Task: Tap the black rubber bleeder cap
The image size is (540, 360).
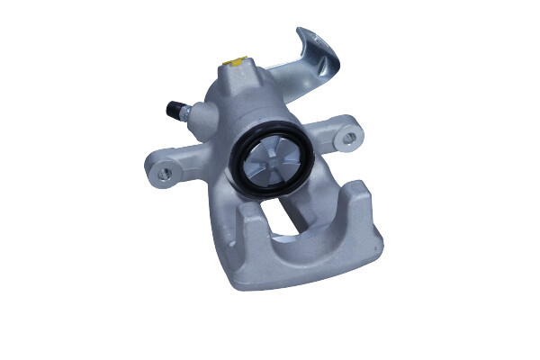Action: [x=172, y=109]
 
